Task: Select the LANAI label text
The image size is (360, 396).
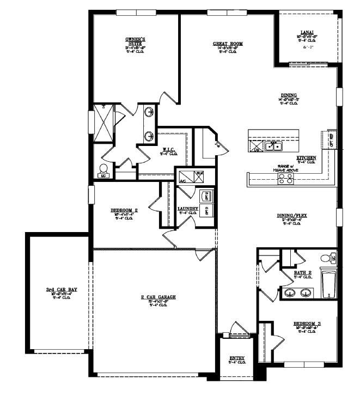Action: pyautogui.click(x=306, y=32)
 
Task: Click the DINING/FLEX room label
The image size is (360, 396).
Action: pyautogui.click(x=292, y=216)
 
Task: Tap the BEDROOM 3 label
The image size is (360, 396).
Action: pyautogui.click(x=307, y=324)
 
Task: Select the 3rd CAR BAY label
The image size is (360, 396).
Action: pyautogui.click(x=62, y=290)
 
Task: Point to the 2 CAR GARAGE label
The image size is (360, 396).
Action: pyautogui.click(x=158, y=297)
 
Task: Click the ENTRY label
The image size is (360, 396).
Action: pyautogui.click(x=237, y=358)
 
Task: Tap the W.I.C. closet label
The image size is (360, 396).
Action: pyautogui.click(x=169, y=149)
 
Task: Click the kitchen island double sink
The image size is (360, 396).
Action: pyautogui.click(x=273, y=146)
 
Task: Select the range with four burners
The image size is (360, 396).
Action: pyautogui.click(x=285, y=179)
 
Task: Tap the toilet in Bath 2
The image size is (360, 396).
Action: pyautogui.click(x=327, y=258)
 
